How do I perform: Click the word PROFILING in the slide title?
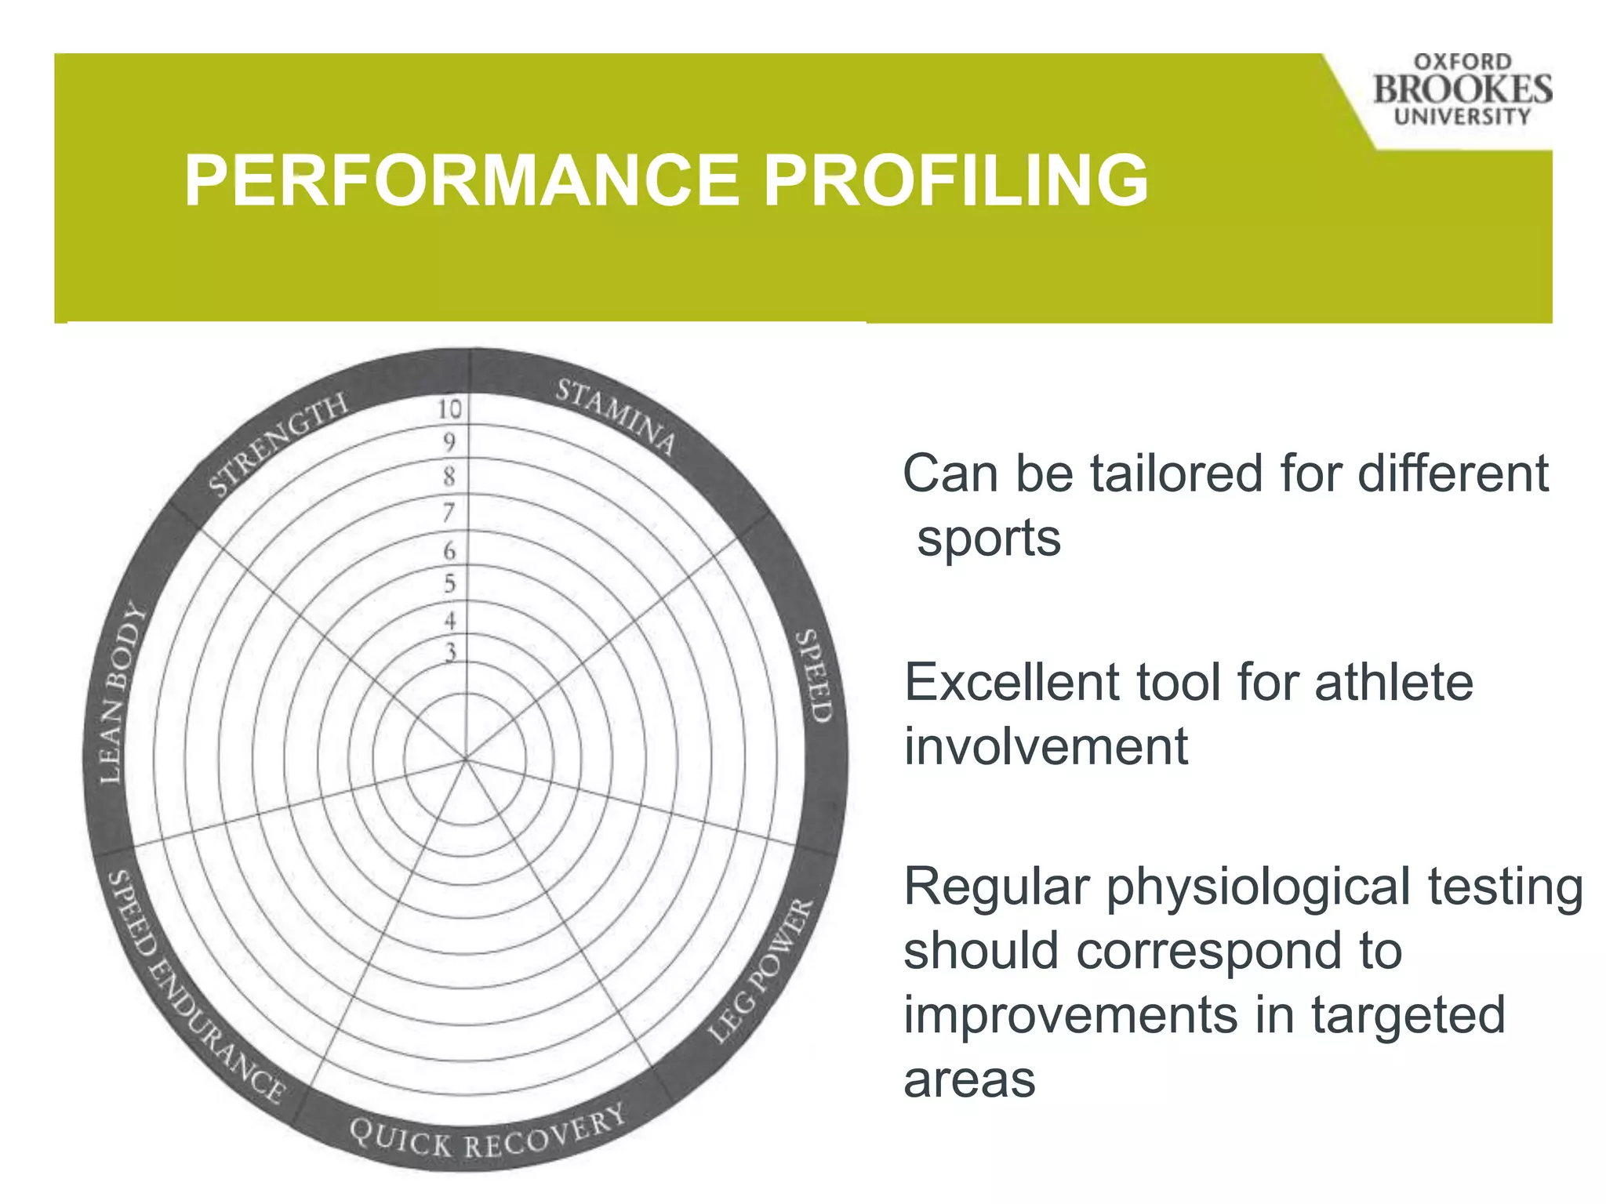pyautogui.click(x=955, y=181)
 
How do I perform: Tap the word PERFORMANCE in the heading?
pyautogui.click(x=462, y=181)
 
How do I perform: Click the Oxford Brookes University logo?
pyautogui.click(x=1462, y=89)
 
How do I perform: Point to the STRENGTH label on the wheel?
pyautogui.click(x=278, y=444)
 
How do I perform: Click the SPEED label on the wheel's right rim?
pyautogui.click(x=813, y=676)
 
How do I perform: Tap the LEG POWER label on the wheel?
pyautogui.click(x=761, y=970)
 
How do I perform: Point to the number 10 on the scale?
pyautogui.click(x=450, y=408)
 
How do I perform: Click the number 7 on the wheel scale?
pyautogui.click(x=449, y=512)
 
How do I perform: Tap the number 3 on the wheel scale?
pyautogui.click(x=451, y=651)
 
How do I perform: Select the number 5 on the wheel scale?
pyautogui.click(x=450, y=583)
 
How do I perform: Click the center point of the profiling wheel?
pyautogui.click(x=467, y=759)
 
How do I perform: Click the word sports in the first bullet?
pyautogui.click(x=989, y=539)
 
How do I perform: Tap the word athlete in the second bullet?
pyautogui.click(x=1393, y=682)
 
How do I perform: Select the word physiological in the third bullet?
pyautogui.click(x=1259, y=888)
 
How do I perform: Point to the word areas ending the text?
pyautogui.click(x=969, y=1080)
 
